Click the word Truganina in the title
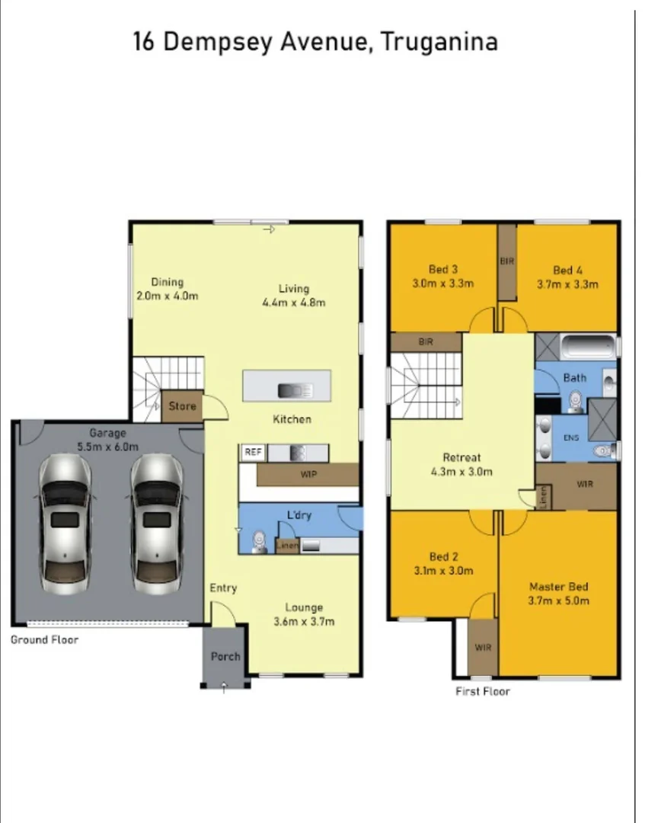(439, 41)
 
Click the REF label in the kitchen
(252, 453)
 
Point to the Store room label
(182, 406)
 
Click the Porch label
(225, 656)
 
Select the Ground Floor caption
(44, 639)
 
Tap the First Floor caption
(483, 691)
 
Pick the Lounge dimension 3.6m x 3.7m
(304, 621)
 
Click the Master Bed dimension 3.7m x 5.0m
(558, 600)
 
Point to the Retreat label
(461, 457)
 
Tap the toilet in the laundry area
(257, 540)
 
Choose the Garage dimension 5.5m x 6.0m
(107, 447)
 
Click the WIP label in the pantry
(308, 474)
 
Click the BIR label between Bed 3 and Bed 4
(507, 261)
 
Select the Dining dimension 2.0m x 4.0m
(167, 296)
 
